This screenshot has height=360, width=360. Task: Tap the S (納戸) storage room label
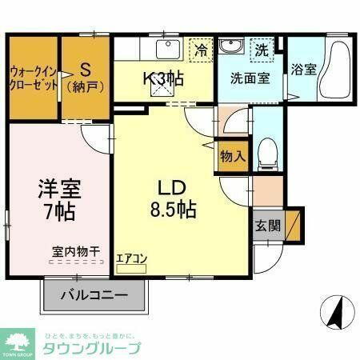pyautogui.click(x=83, y=74)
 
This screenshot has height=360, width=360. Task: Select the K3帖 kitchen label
pyautogui.click(x=164, y=79)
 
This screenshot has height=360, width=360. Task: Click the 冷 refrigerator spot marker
pyautogui.click(x=202, y=50)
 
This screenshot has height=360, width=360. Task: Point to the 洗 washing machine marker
pyautogui.click(x=261, y=50)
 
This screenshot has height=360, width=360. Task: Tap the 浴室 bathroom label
pyautogui.click(x=303, y=69)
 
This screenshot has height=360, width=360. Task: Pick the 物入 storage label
pyautogui.click(x=232, y=157)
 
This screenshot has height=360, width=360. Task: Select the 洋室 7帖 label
pyautogui.click(x=58, y=200)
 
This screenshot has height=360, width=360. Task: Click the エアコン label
pyautogui.click(x=131, y=258)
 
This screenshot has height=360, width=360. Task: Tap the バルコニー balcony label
pyautogui.click(x=96, y=295)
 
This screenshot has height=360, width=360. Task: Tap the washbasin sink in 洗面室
pyautogui.click(x=232, y=47)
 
